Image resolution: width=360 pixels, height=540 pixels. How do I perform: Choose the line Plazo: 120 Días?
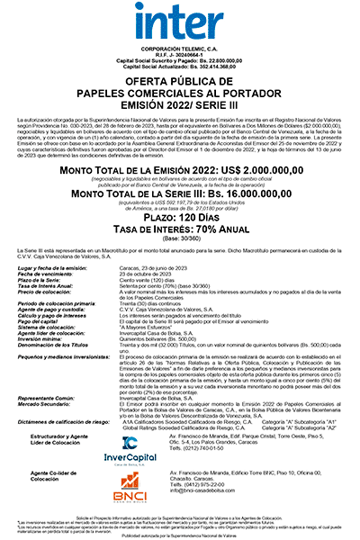click(180, 220)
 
